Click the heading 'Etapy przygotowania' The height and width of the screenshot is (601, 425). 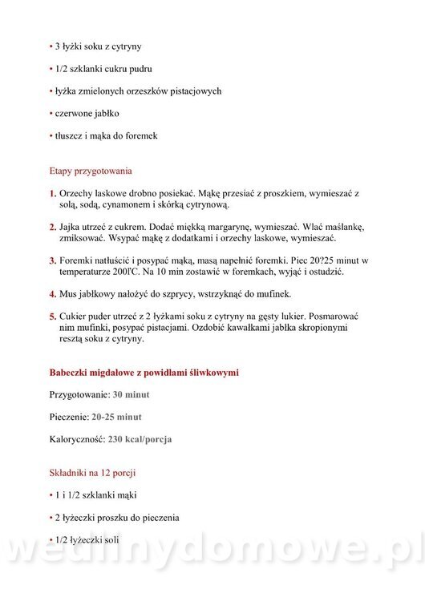point(91,171)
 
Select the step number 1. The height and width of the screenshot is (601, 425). point(52,194)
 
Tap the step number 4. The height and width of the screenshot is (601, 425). point(52,295)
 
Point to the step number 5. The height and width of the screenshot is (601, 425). point(52,317)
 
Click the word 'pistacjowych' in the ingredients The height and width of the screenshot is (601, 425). point(193,91)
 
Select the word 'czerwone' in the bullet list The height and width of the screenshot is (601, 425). point(74,113)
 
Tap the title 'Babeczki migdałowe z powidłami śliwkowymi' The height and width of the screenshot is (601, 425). point(144,373)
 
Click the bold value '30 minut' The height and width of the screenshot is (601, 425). point(131,395)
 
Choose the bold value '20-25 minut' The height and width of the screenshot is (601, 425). point(117,417)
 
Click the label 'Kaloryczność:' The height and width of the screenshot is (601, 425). point(78,439)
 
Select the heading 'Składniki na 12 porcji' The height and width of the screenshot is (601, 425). point(92,473)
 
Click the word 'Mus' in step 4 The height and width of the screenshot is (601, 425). point(69,295)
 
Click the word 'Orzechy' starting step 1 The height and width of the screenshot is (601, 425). point(78,194)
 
